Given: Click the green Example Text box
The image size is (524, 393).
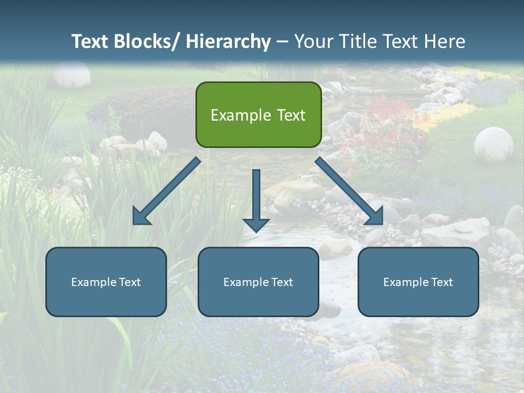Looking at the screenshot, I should coord(258,115).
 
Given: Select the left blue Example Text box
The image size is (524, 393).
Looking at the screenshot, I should coord(106,282).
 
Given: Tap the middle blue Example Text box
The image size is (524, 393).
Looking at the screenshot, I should coord(258,282).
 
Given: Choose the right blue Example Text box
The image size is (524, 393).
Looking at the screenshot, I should coord(418,282).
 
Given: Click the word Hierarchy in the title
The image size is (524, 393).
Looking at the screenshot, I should coord(228,41).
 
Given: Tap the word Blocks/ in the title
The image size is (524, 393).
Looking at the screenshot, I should coord(145,41).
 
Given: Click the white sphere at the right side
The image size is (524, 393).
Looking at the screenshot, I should coord(493,143).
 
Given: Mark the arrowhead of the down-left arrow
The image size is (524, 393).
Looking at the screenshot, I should coord(141,216).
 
